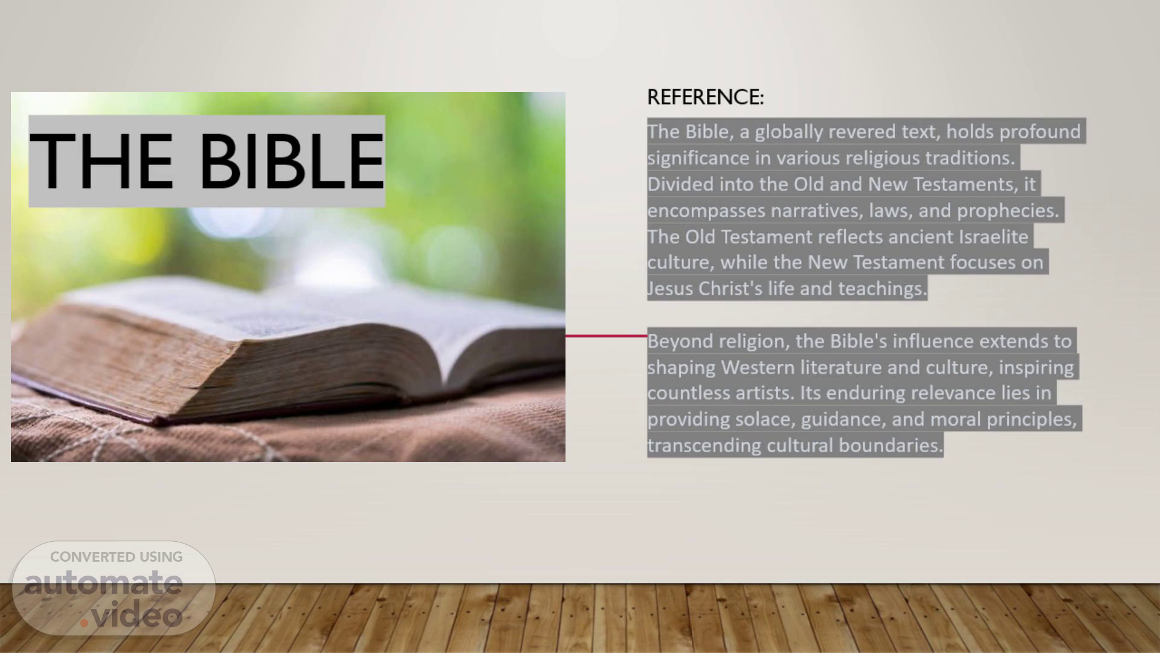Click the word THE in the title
(x=101, y=161)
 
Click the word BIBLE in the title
(x=292, y=161)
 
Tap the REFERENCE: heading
(x=705, y=97)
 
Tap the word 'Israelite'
(x=993, y=236)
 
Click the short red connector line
(x=606, y=336)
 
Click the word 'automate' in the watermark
(x=103, y=582)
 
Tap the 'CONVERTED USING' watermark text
(x=117, y=557)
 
